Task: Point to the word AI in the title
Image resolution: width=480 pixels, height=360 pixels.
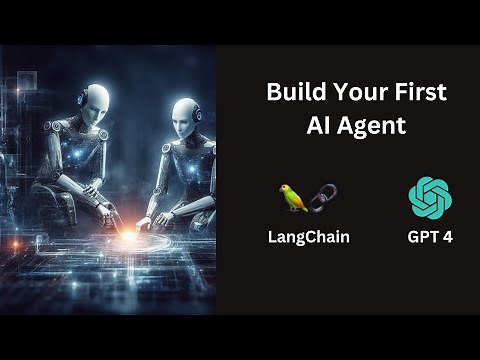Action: pos(315,126)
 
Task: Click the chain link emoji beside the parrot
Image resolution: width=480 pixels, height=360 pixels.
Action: pos(322,197)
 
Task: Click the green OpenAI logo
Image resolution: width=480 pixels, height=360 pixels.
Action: pos(430,197)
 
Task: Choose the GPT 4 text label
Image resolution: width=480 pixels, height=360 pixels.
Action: pos(430,239)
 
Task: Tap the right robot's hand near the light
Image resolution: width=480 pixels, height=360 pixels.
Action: pos(145,219)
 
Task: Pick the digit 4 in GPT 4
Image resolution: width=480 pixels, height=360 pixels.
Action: pos(447,239)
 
